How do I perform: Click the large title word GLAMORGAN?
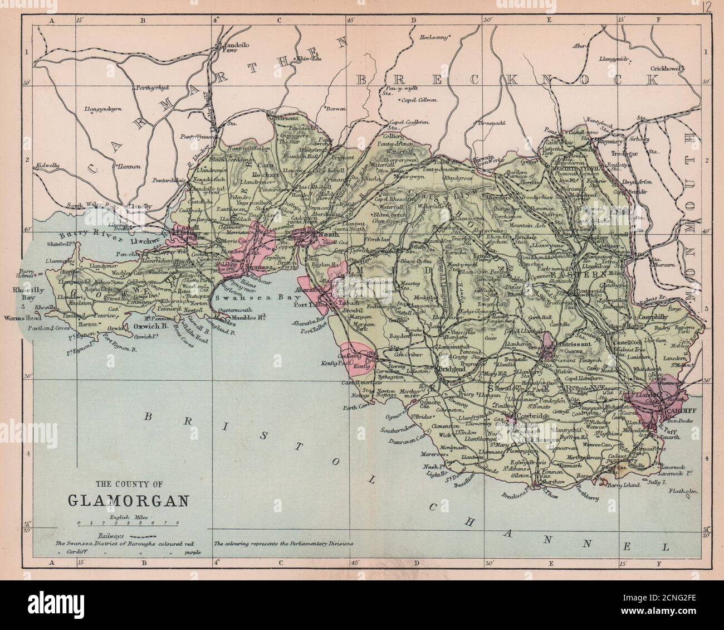click(x=128, y=499)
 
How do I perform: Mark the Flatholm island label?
click(x=681, y=492)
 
